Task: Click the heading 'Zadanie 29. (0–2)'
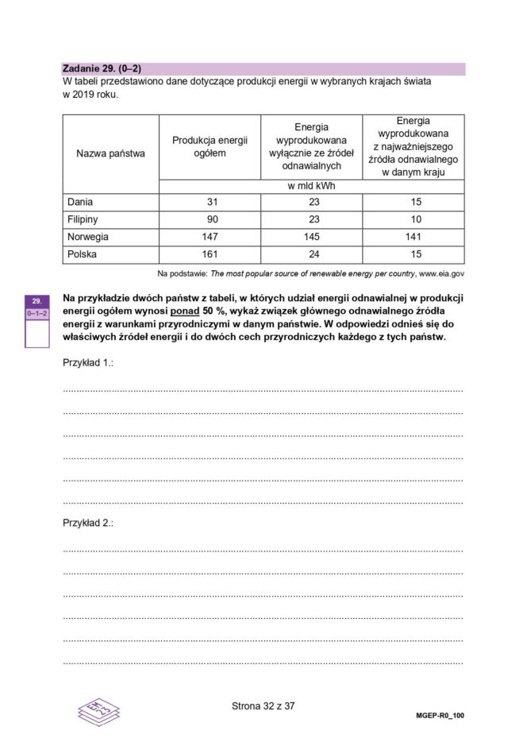[x=101, y=69]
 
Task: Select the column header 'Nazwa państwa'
[x=110, y=153]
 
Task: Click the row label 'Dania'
[x=80, y=203]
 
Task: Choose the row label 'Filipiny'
[x=83, y=220]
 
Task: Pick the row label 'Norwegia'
[x=88, y=238]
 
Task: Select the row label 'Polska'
[x=83, y=255]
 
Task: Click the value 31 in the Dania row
[x=210, y=203]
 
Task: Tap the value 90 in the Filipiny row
[x=210, y=220]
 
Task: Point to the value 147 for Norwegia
[x=210, y=238]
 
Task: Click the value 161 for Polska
[x=210, y=255]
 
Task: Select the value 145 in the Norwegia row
[x=311, y=238]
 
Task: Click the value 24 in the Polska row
[x=311, y=255]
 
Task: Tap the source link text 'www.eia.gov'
[x=441, y=273]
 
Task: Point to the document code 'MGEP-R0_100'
[x=440, y=715]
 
